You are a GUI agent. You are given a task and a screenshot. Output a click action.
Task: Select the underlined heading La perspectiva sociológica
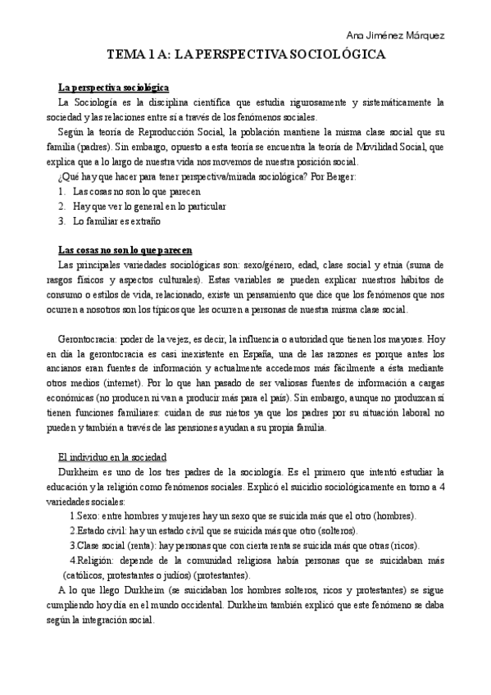point(114,88)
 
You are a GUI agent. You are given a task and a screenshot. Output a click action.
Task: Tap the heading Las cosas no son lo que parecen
point(125,249)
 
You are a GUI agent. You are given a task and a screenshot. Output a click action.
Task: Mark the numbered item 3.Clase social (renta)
point(117,545)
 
